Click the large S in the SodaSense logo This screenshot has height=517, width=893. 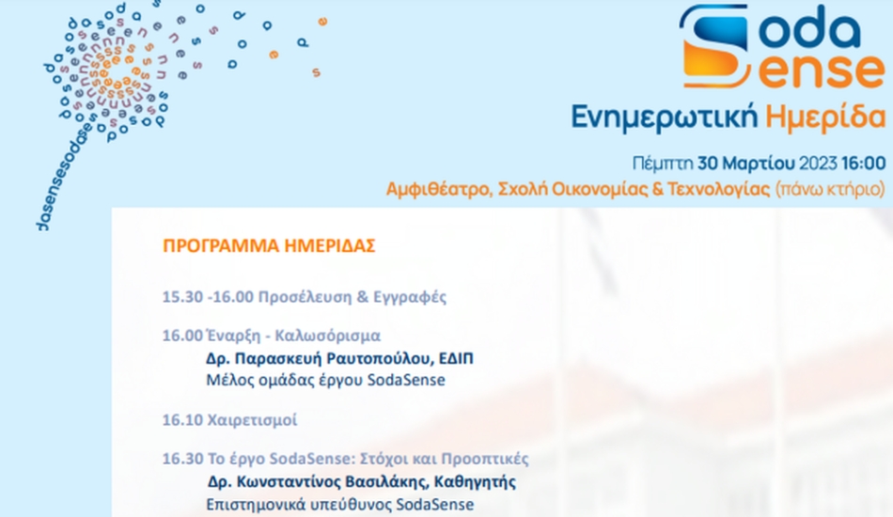click(714, 46)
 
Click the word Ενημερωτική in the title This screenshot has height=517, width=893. click(665, 117)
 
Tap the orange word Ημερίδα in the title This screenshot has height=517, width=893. click(825, 117)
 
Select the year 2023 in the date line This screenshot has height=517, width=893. click(818, 164)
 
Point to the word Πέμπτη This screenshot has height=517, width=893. click(663, 164)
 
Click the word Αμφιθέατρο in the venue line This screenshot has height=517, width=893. click(439, 189)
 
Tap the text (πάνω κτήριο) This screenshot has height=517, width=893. click(831, 189)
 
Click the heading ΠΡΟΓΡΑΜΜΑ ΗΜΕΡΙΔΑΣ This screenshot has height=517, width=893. click(269, 246)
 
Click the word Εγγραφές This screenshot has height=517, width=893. click(410, 297)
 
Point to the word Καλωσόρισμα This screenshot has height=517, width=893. click(327, 336)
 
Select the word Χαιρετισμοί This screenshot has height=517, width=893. click(252, 420)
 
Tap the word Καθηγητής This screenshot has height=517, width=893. click(475, 482)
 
